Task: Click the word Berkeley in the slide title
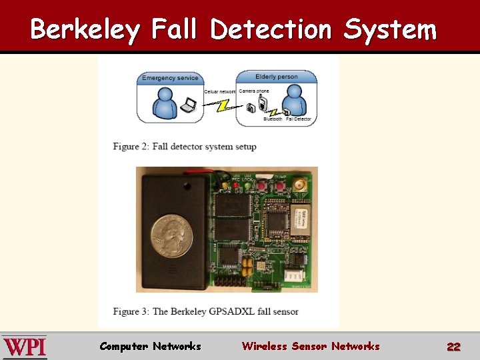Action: click(x=85, y=29)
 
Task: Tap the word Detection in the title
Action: click(x=270, y=29)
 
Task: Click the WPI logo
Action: click(x=24, y=347)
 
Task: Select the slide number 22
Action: click(x=453, y=347)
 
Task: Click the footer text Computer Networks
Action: click(x=150, y=346)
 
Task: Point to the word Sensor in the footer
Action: click(x=309, y=346)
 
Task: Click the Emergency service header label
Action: click(x=170, y=78)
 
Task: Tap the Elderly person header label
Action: click(x=277, y=77)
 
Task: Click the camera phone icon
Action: click(x=264, y=104)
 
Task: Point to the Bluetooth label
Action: click(x=273, y=119)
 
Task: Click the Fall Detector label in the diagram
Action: click(x=298, y=119)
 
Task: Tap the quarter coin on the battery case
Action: click(x=171, y=234)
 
